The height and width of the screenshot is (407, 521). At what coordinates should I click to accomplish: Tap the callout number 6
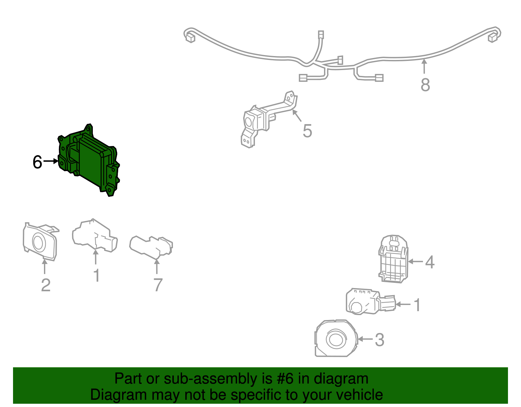click(x=37, y=162)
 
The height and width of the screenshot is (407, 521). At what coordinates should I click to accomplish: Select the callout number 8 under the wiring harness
click(x=425, y=85)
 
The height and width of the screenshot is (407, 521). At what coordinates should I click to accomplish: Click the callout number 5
click(x=307, y=131)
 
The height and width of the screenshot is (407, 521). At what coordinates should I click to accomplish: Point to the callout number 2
click(x=46, y=285)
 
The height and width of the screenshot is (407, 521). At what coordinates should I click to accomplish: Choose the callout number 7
click(x=158, y=285)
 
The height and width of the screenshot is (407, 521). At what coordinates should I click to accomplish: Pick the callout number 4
click(x=430, y=262)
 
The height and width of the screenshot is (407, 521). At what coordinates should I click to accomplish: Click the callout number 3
click(x=380, y=340)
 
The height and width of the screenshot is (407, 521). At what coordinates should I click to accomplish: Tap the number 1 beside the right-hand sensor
click(x=417, y=305)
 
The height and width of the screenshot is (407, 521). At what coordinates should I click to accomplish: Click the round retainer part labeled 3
click(x=336, y=338)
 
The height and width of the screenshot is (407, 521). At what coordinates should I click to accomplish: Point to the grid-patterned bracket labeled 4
click(x=393, y=259)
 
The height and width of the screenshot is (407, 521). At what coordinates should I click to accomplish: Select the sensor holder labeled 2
click(x=40, y=241)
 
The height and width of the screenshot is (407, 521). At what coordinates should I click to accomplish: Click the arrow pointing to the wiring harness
click(x=424, y=66)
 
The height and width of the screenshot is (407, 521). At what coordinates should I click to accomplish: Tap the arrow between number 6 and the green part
click(x=51, y=161)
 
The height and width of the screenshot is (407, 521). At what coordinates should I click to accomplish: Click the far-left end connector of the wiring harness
click(x=190, y=38)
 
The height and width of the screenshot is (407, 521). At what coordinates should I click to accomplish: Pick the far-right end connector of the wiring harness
click(x=493, y=38)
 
